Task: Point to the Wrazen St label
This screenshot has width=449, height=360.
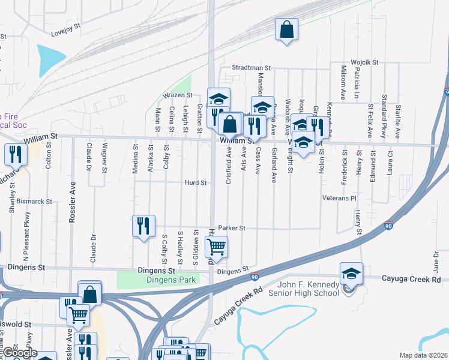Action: tap(178, 95)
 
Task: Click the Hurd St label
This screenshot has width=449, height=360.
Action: tap(196, 182)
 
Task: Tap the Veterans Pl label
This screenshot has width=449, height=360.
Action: tap(340, 197)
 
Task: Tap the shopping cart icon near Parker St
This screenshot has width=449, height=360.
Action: tap(217, 246)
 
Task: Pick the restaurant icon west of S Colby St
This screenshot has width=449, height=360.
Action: tap(143, 226)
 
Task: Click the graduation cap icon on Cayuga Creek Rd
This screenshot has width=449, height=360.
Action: tap(351, 274)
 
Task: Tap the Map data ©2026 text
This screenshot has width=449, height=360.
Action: tap(423, 355)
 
